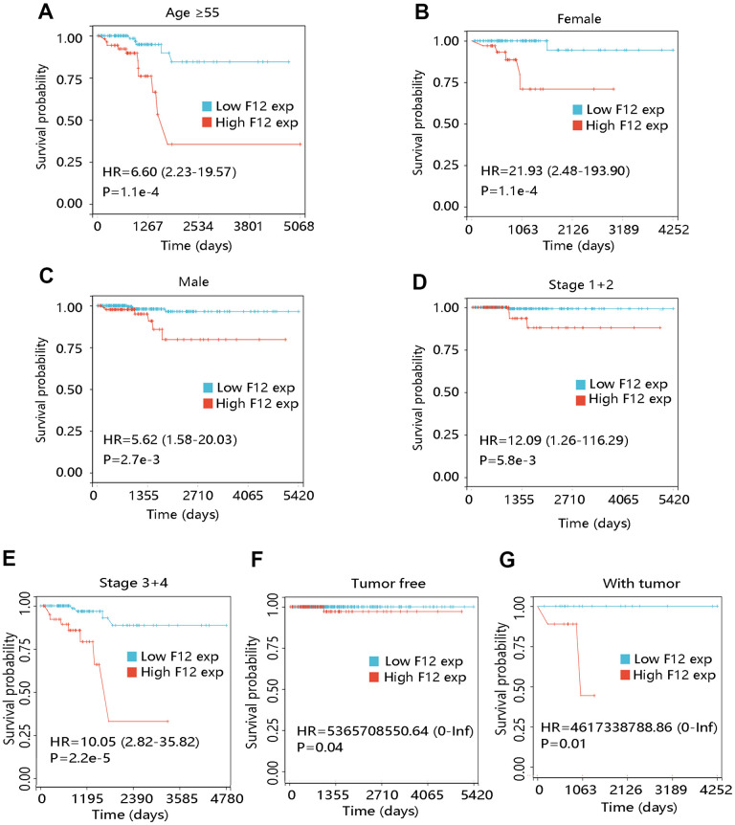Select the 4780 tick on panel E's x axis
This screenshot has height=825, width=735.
(x=228, y=796)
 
